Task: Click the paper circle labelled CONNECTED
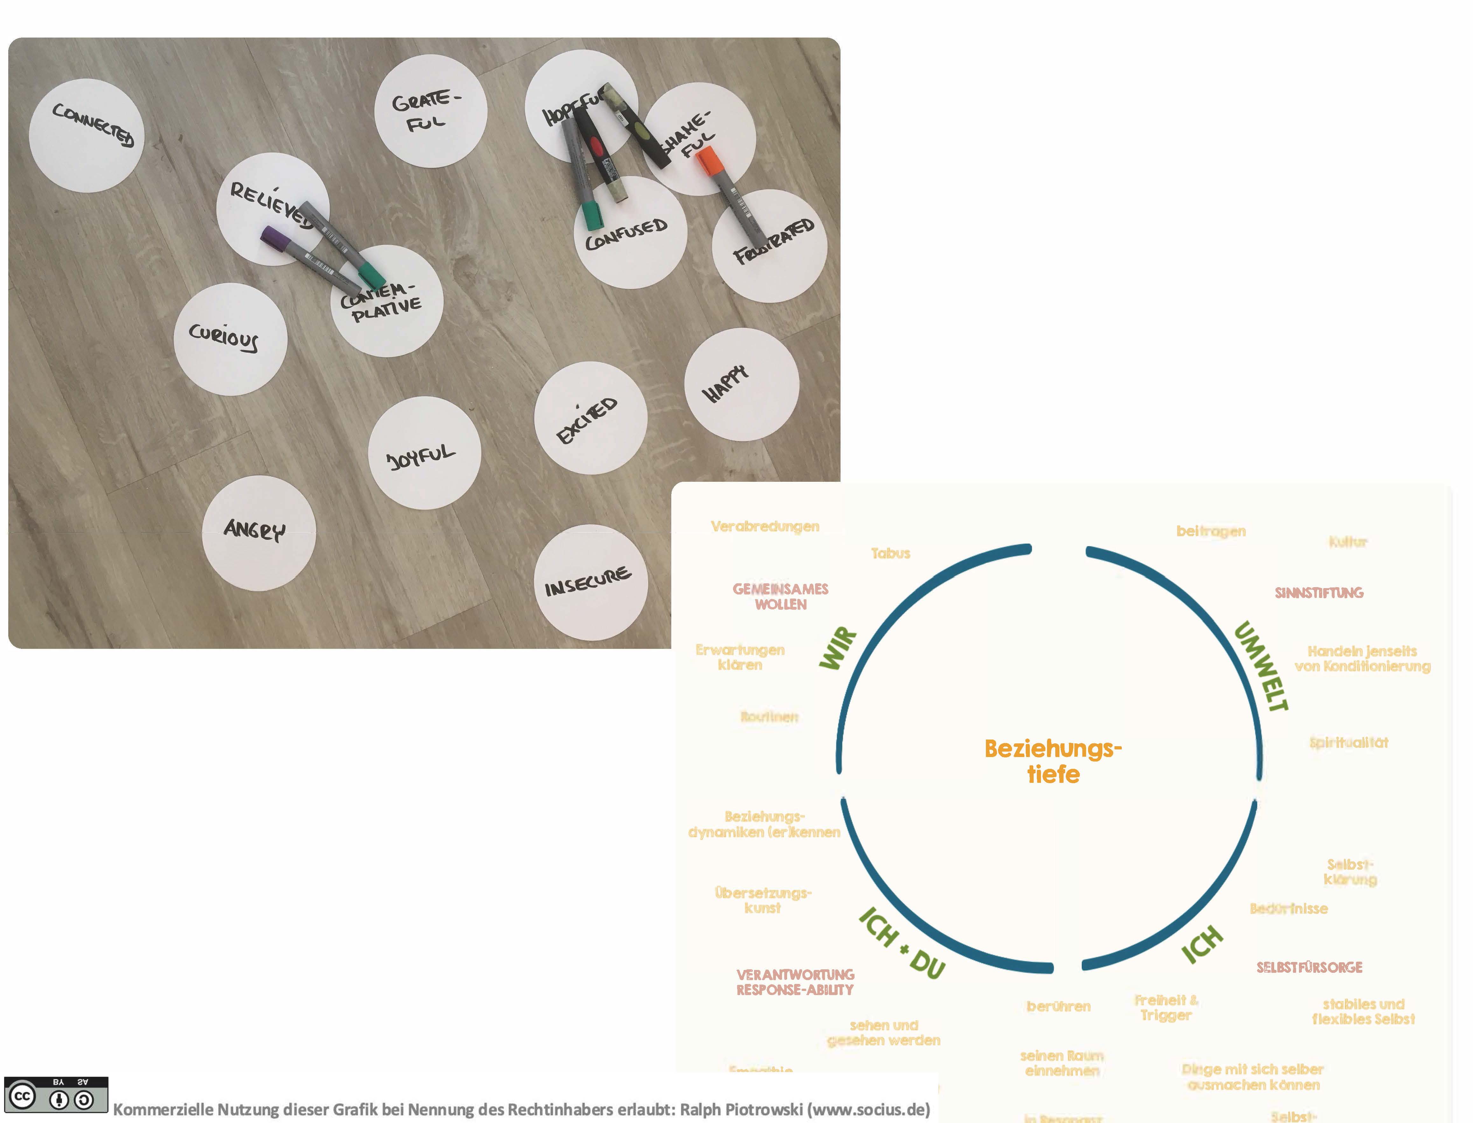87,136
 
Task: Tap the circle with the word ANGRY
259,533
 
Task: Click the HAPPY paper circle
741,384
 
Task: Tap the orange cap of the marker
709,162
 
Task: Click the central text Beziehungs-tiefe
1053,761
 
